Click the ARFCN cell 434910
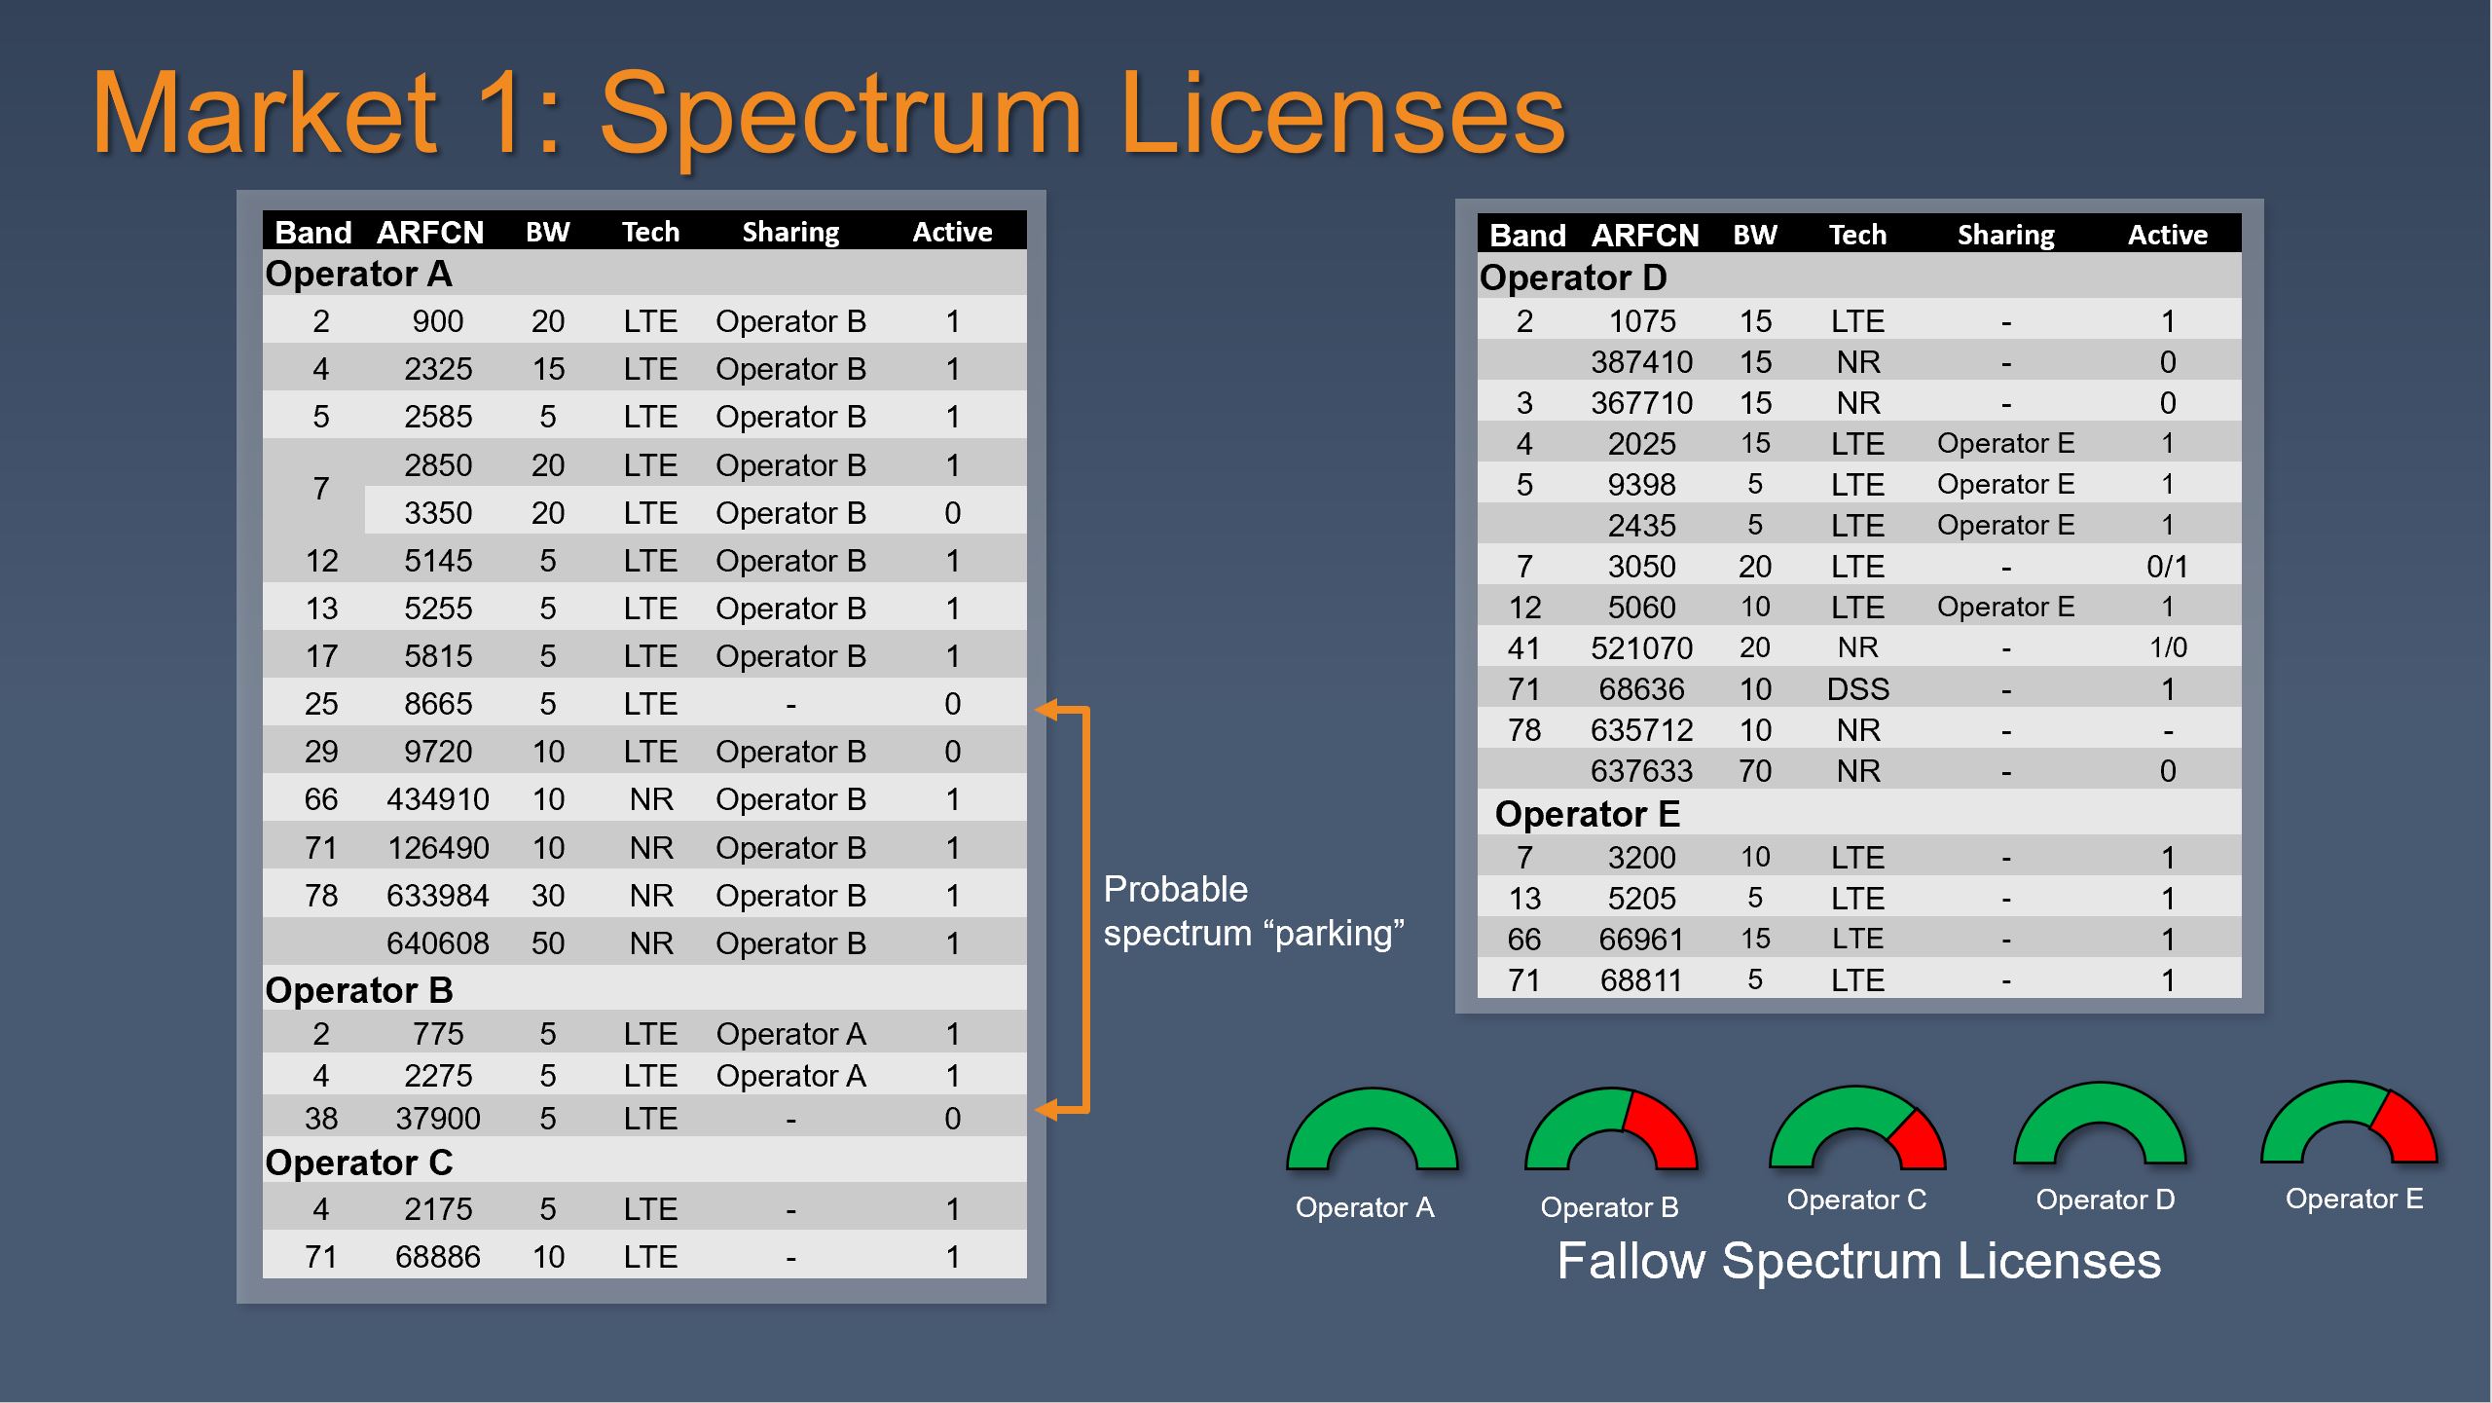(438, 799)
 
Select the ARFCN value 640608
(438, 943)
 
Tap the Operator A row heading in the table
(358, 275)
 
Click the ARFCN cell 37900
(438, 1119)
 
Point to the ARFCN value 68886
(438, 1257)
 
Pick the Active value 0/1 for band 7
(2168, 567)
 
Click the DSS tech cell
(1857, 689)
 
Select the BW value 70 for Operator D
(1755, 771)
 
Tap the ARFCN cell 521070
(1642, 648)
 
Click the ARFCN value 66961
(1642, 940)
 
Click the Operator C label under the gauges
(1856, 1200)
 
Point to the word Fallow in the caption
(1631, 1261)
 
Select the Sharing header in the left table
(790, 233)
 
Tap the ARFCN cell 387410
(1642, 362)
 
